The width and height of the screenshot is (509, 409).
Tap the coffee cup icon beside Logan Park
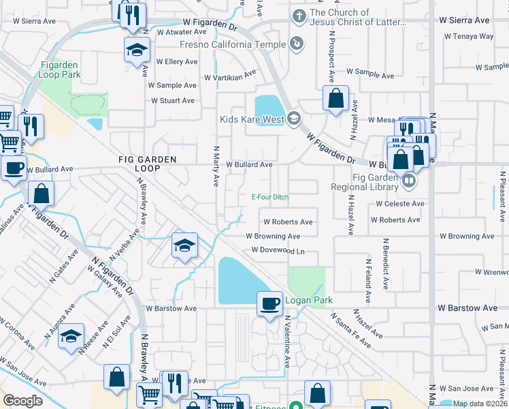pos(270,303)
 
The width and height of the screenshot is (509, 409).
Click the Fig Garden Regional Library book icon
pos(408,181)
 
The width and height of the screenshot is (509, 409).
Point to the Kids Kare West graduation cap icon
pos(293,119)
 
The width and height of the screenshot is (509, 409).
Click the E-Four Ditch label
pos(270,198)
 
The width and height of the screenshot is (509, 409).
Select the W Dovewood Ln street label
pos(278,250)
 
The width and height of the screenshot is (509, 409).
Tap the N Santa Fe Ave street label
pos(351,331)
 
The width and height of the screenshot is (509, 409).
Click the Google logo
pos(22,401)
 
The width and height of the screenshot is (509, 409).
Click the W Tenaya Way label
pos(471,36)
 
